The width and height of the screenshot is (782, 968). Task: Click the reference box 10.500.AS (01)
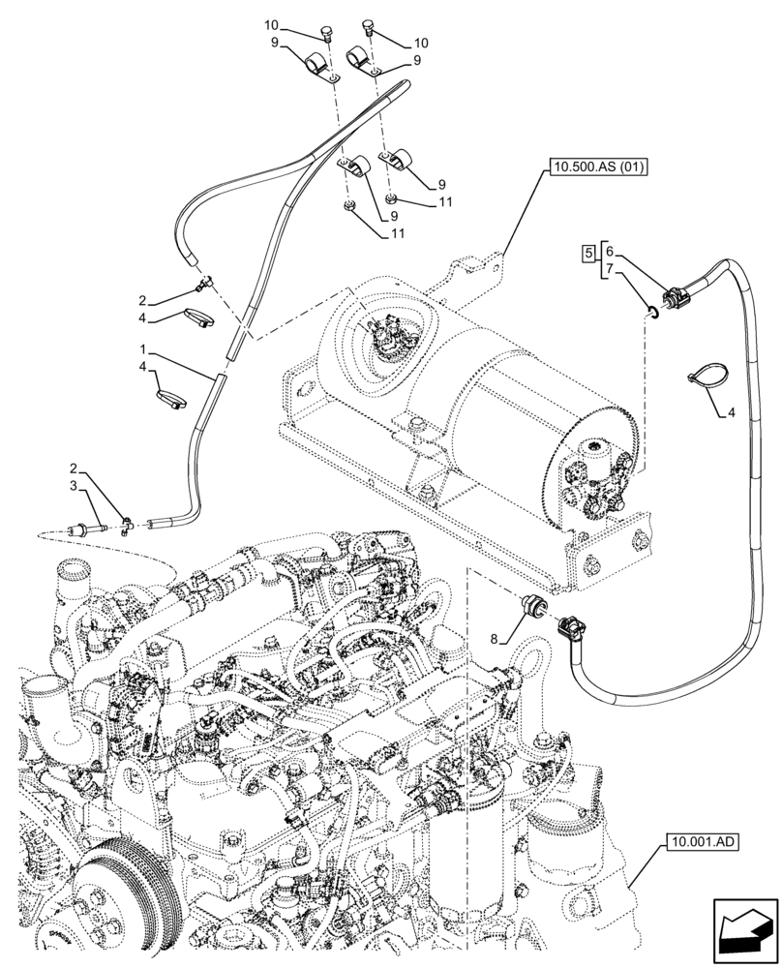pyautogui.click(x=599, y=167)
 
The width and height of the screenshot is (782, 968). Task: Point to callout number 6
pyautogui.click(x=609, y=251)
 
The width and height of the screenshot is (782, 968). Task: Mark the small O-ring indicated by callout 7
pyautogui.click(x=655, y=310)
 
